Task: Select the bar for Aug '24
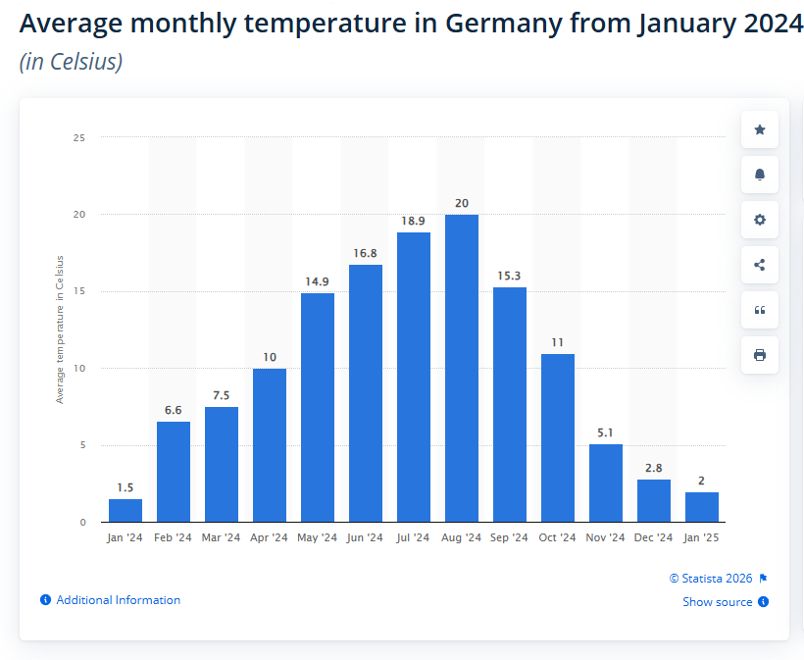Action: pyautogui.click(x=461, y=368)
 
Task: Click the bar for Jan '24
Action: pyautogui.click(x=126, y=510)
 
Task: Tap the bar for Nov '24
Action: pyautogui.click(x=605, y=482)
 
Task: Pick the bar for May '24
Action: pyautogui.click(x=317, y=407)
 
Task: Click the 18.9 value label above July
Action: pyautogui.click(x=413, y=222)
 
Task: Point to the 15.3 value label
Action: pyautogui.click(x=509, y=277)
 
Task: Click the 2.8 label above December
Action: pyautogui.click(x=653, y=469)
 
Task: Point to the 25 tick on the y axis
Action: pyautogui.click(x=78, y=138)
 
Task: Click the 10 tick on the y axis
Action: pyautogui.click(x=78, y=369)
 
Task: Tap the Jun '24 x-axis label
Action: pyautogui.click(x=365, y=537)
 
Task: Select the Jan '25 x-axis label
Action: pyautogui.click(x=701, y=537)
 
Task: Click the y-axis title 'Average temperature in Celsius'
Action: pyautogui.click(x=60, y=330)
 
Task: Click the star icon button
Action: pyautogui.click(x=759, y=129)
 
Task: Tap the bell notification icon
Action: pyautogui.click(x=759, y=175)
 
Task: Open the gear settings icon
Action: pyautogui.click(x=759, y=220)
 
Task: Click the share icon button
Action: pyautogui.click(x=759, y=265)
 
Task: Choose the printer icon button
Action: pyautogui.click(x=759, y=355)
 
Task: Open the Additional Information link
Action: pyautogui.click(x=118, y=600)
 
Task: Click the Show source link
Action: pyautogui.click(x=718, y=602)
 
